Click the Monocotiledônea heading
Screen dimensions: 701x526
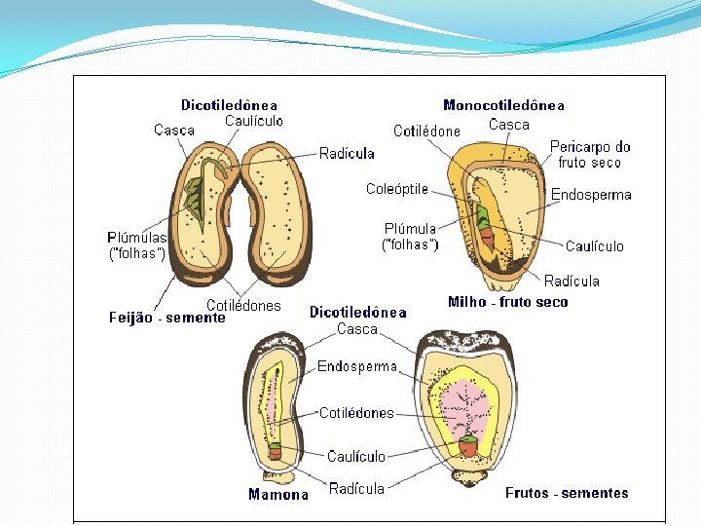point(503,105)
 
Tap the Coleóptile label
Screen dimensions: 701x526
point(396,189)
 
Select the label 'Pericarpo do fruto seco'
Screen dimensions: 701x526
point(590,155)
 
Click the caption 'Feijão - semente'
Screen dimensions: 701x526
point(166,318)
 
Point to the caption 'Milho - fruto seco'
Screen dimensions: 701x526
point(507,302)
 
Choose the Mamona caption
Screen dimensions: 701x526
point(278,494)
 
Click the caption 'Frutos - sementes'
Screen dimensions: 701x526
point(567,493)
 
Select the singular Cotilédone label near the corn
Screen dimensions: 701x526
point(426,131)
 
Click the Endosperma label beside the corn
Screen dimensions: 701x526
point(591,195)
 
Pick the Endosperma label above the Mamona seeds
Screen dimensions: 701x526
point(357,367)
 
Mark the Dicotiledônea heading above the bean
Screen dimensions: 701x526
point(229,105)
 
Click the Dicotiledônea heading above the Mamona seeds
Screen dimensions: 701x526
point(357,313)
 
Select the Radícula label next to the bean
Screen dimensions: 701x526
point(347,153)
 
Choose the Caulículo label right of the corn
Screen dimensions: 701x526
point(594,246)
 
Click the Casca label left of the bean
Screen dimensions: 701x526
point(174,131)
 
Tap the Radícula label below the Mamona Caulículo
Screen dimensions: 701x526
point(356,488)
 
